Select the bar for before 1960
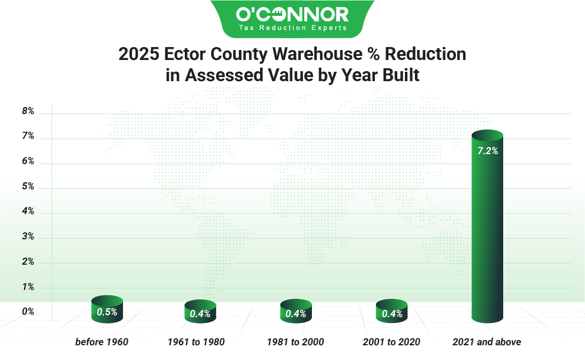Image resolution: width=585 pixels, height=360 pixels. (x=107, y=309)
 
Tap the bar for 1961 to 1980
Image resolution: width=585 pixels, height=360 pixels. (x=201, y=312)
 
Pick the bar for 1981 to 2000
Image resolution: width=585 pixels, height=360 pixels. (x=295, y=312)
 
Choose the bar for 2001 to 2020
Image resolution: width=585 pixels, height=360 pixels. (x=391, y=312)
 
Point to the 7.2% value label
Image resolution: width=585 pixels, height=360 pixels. (x=487, y=151)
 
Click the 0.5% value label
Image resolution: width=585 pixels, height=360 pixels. (x=107, y=312)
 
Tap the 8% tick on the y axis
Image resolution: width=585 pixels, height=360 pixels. (x=28, y=112)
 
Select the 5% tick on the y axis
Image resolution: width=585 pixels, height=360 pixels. (x=28, y=187)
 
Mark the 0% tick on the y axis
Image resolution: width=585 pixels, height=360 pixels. (x=28, y=312)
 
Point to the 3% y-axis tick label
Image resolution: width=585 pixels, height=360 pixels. (x=28, y=237)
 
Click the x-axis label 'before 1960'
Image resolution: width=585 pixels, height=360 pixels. (x=102, y=342)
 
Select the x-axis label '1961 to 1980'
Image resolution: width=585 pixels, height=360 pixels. (x=196, y=342)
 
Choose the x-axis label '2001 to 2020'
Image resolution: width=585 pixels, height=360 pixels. (x=391, y=342)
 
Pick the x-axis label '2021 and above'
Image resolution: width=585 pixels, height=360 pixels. (x=487, y=342)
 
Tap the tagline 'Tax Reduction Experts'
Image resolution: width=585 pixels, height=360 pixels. (x=292, y=28)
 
